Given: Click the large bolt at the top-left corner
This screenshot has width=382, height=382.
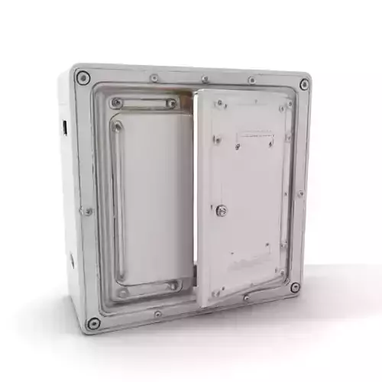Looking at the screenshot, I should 83,78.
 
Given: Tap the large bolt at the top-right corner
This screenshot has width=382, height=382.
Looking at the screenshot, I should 304,84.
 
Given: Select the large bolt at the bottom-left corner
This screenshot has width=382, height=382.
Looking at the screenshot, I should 93,322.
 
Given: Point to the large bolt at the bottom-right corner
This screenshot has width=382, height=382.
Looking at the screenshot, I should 294,288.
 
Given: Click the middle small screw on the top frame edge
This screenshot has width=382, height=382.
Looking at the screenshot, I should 204,79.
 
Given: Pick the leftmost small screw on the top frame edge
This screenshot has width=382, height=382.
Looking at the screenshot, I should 154,78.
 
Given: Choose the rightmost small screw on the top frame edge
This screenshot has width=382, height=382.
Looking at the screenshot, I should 251,80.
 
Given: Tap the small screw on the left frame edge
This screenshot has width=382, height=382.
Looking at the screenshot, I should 89,211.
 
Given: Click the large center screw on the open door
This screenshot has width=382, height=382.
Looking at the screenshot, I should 222,210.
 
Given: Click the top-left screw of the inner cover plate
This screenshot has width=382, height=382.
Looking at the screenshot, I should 116,102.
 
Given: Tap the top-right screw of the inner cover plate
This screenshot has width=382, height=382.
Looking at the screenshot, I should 172,103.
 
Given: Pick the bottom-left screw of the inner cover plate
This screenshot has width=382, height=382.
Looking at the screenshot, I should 123,291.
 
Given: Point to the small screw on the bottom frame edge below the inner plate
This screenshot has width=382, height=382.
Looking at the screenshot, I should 157,314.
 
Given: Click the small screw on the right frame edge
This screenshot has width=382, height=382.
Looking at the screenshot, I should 300,193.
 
